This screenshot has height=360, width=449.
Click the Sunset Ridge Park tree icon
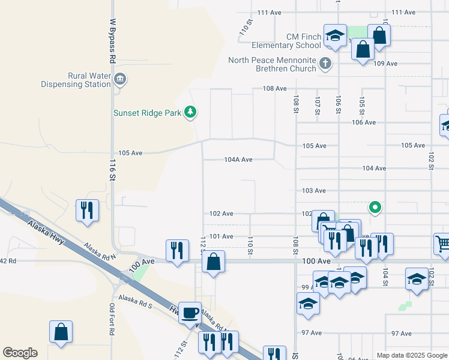point(190,112)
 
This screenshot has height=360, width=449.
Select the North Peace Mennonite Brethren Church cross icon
point(324,62)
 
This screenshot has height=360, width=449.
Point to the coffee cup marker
point(190,313)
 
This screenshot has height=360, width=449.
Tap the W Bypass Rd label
point(112,40)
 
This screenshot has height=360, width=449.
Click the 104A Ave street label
point(238,160)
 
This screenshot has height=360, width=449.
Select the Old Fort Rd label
point(112,317)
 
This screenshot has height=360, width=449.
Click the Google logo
point(20,353)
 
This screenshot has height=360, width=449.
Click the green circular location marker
point(375,208)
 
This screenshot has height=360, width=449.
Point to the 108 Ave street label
point(274,88)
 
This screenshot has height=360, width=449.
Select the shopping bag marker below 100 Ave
point(213,262)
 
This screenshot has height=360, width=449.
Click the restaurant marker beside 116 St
point(87,210)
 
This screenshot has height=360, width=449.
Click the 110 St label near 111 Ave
point(244,28)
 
